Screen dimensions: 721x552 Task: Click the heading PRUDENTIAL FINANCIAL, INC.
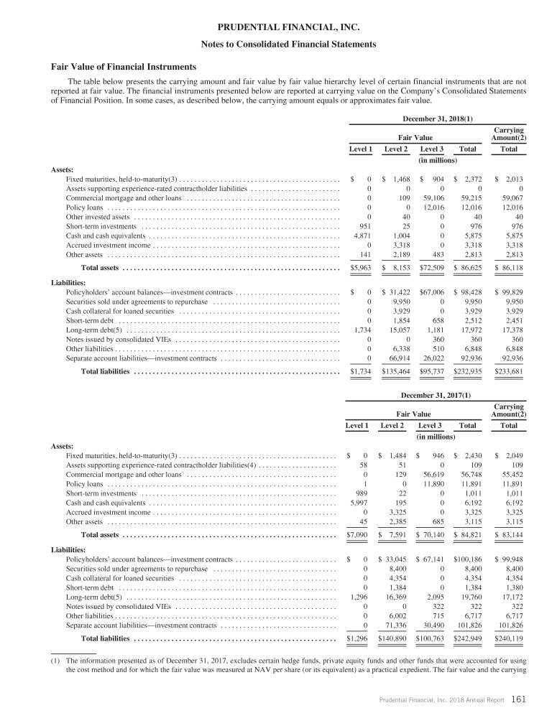point(275,28)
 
